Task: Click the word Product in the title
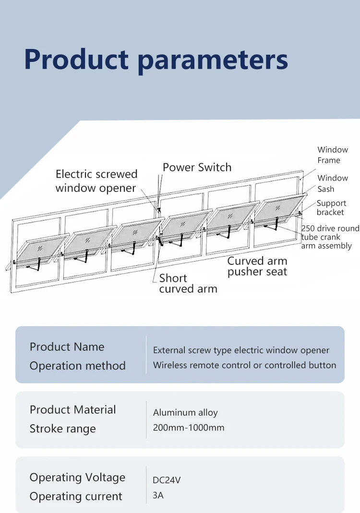click(x=76, y=60)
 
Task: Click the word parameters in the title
click(x=213, y=60)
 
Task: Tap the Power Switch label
click(x=197, y=167)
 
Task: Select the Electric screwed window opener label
click(x=96, y=181)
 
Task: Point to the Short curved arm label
click(x=188, y=283)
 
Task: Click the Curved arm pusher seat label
click(x=257, y=266)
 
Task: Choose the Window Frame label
click(x=332, y=155)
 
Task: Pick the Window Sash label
click(x=332, y=183)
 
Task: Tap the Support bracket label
click(x=331, y=208)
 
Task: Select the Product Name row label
click(x=67, y=347)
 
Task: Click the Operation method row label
click(x=77, y=366)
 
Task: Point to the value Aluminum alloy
click(x=185, y=413)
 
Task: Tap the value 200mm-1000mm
click(x=189, y=428)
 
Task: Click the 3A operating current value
click(x=158, y=495)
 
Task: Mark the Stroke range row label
click(x=62, y=429)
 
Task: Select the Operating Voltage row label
click(x=77, y=477)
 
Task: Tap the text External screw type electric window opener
click(x=241, y=350)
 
